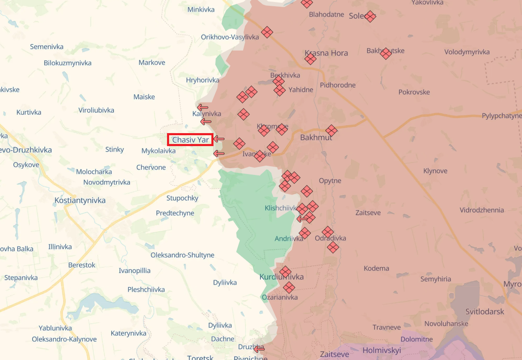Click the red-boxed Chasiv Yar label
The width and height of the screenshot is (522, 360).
(190, 140)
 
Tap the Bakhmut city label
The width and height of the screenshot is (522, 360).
(316, 137)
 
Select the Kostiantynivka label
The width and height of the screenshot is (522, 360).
(80, 201)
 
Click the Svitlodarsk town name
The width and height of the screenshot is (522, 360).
(485, 311)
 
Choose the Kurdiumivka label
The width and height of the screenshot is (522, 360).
(281, 277)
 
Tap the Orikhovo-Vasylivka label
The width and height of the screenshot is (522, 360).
(230, 37)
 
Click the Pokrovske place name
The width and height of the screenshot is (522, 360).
(414, 92)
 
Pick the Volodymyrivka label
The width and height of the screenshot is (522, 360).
(467, 52)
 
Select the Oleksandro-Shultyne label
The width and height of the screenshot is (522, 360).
(183, 255)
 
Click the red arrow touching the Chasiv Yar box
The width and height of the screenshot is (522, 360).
(219, 139)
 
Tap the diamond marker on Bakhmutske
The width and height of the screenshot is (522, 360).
(386, 53)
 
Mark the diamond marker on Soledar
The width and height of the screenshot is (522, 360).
(370, 16)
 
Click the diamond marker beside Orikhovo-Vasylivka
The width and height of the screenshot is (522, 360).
(267, 32)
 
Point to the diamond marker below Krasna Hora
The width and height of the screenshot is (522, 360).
(310, 59)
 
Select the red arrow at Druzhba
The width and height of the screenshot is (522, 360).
(259, 349)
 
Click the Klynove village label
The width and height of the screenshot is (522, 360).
(435, 171)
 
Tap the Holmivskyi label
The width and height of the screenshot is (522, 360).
(381, 350)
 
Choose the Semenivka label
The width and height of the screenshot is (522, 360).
(47, 46)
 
